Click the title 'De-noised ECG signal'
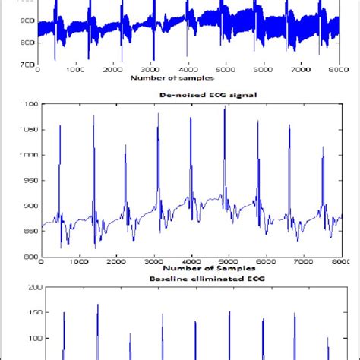coord(188,94)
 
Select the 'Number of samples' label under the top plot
coord(172,77)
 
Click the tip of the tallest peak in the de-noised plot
coord(225,109)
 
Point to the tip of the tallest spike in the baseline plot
coord(98,305)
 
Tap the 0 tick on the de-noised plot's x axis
coord(41,261)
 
